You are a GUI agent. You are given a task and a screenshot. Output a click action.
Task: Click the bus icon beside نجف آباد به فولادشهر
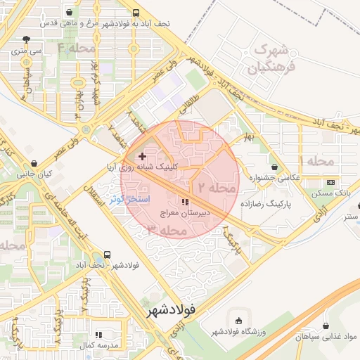[x=135, y=13]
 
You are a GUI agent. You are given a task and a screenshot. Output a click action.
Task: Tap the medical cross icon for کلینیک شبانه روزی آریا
[x=142, y=156]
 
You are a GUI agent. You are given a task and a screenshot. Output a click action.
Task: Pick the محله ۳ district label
[x=168, y=230]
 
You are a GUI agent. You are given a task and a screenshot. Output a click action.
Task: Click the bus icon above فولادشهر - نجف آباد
[x=107, y=255]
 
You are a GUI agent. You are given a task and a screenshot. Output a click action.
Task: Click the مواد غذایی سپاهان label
[x=326, y=338]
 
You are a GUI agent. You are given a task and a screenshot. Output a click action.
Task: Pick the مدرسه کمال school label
[x=99, y=346]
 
